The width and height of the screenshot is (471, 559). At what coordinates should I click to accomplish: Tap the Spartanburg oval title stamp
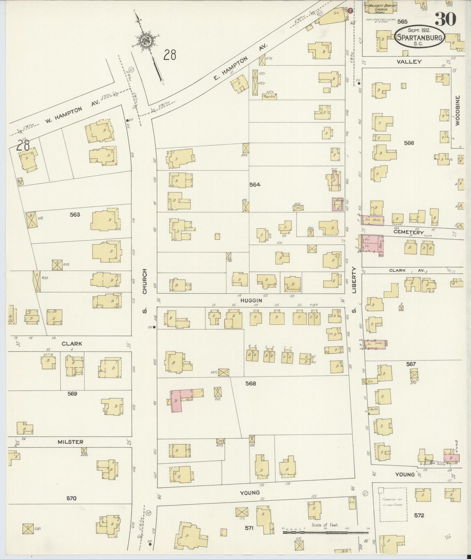419,38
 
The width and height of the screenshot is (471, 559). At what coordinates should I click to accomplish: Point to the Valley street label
409,62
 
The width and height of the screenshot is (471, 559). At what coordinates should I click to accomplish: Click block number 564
255,185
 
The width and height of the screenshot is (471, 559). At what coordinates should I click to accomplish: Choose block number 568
251,384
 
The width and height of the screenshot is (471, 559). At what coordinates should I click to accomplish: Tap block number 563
75,215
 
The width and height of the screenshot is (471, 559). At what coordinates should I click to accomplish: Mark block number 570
71,498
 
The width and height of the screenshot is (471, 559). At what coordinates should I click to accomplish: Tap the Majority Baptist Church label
380,8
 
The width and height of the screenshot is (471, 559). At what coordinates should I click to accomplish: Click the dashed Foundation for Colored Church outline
392,504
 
